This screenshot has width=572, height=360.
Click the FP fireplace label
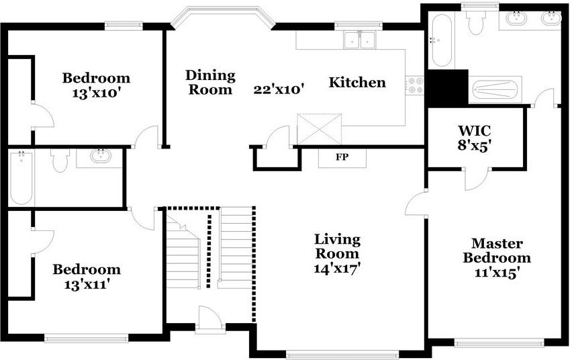click(342, 157)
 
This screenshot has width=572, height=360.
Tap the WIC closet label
click(474, 130)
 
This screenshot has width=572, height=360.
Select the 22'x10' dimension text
click(279, 89)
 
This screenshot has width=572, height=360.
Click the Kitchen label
click(357, 82)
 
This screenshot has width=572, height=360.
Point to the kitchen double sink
click(360, 40)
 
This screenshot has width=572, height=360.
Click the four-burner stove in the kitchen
click(415, 85)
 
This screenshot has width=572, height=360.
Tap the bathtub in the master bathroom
click(442, 40)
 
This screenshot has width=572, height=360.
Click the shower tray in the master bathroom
click(495, 90)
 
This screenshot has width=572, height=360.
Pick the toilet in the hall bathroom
click(60, 161)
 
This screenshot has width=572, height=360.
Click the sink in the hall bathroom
click(100, 156)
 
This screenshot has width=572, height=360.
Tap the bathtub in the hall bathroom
click(21, 178)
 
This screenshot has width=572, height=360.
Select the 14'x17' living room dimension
click(338, 269)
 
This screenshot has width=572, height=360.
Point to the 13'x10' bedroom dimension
click(96, 93)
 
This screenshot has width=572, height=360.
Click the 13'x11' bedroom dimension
click(87, 284)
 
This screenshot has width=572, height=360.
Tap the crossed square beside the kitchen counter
click(320, 129)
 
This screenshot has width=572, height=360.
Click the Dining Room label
click(210, 82)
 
